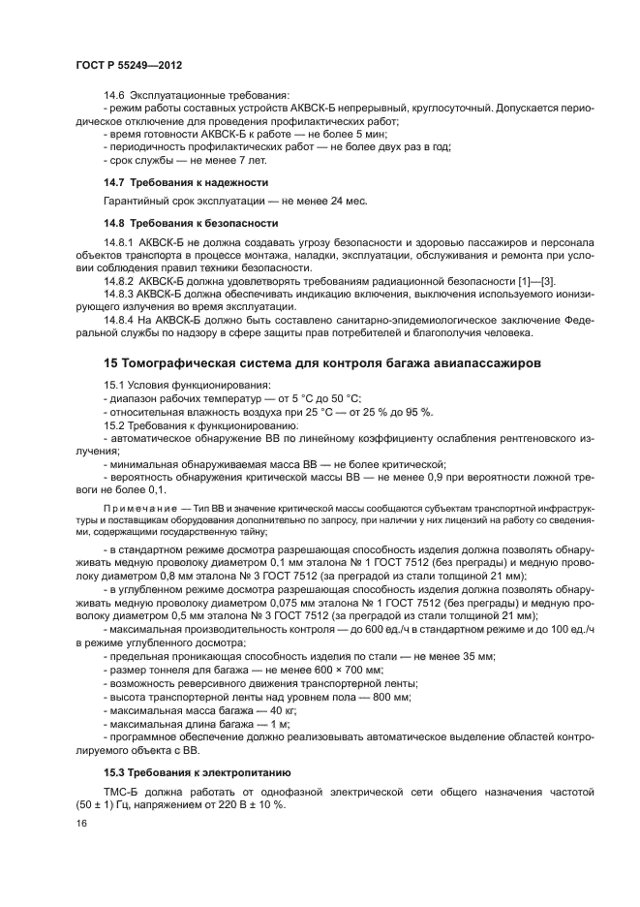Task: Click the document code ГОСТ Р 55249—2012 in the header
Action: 128,63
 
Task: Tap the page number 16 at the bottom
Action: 81,823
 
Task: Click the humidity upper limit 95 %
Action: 417,412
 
